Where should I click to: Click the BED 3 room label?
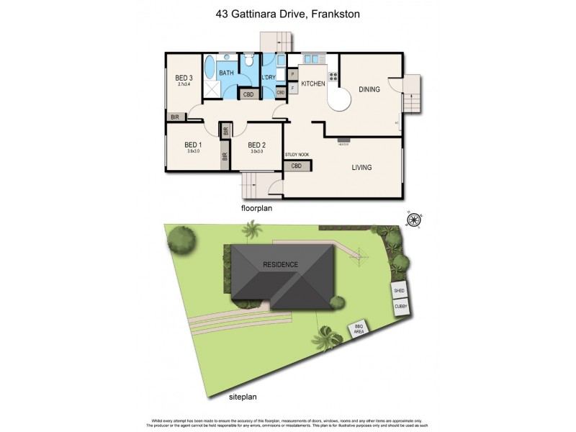(184, 78)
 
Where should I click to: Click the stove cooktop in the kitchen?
(333, 74)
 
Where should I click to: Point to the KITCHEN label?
(313, 84)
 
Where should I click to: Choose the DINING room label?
(369, 89)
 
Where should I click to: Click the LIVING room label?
(361, 168)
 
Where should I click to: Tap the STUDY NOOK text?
(297, 155)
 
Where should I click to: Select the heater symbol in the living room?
(343, 141)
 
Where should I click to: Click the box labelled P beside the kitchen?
(293, 74)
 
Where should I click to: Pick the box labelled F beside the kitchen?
(293, 89)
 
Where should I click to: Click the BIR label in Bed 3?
(174, 117)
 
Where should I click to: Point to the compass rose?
(413, 220)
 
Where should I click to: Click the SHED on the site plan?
(400, 290)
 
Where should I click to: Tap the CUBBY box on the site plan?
(401, 306)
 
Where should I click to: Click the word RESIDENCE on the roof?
(281, 264)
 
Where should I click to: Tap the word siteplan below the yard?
(242, 396)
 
